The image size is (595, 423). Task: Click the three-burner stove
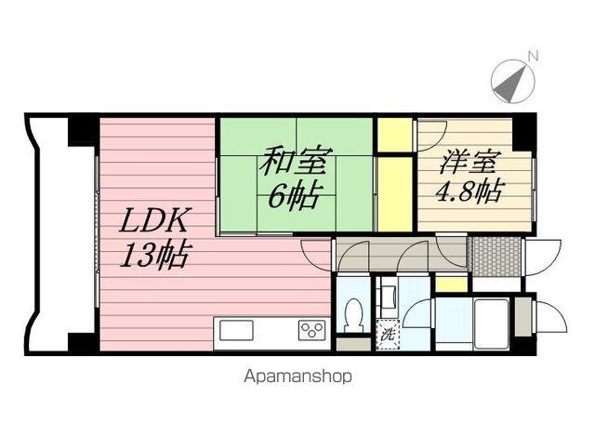pos(311,330)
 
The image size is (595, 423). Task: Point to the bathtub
pos(489,323)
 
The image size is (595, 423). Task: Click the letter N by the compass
pos(533,57)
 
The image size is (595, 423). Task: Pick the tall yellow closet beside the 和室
pos(394,192)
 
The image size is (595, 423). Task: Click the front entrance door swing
pos(542,253)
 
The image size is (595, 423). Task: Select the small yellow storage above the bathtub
pos(451,285)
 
